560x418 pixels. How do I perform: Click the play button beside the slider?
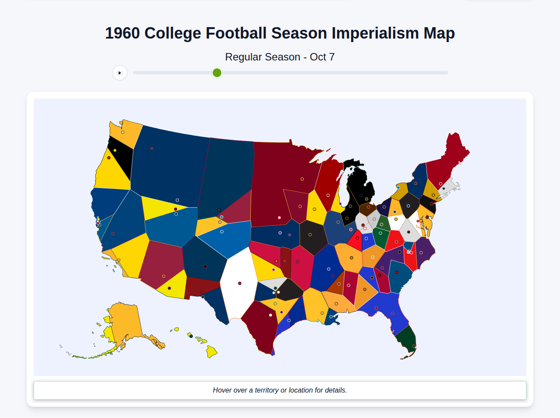click(120, 73)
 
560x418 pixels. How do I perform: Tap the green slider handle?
click(217, 73)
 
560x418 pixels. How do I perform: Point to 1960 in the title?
click(122, 33)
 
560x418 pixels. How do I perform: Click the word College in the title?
click(172, 33)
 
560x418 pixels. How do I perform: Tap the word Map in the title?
click(439, 33)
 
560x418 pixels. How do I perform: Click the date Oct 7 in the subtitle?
click(322, 57)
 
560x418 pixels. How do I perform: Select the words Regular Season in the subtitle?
click(262, 57)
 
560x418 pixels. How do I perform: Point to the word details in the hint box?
click(334, 390)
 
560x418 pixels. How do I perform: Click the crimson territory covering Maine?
click(448, 160)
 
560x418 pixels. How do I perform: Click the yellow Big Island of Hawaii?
click(211, 351)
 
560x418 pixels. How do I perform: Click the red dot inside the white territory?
click(240, 283)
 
